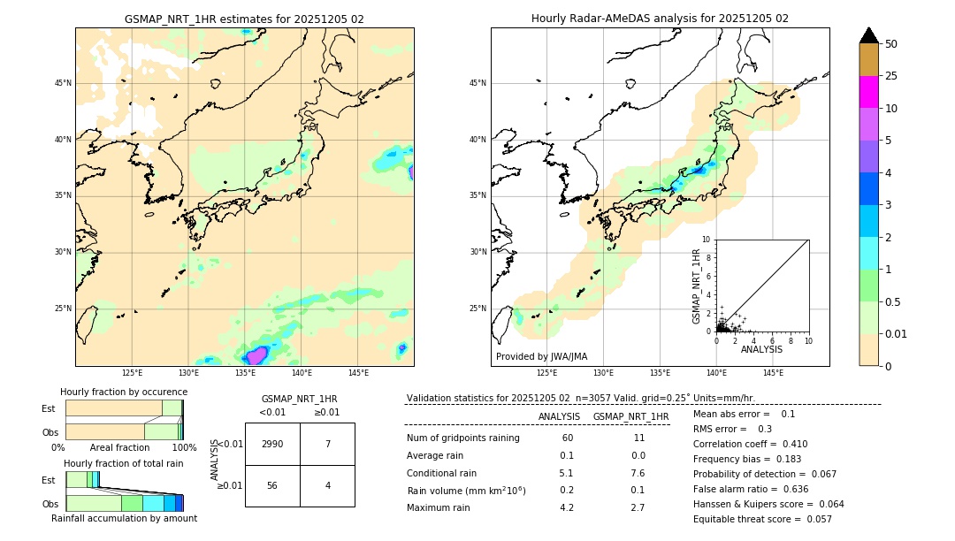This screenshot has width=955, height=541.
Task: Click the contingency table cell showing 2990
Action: click(272, 444)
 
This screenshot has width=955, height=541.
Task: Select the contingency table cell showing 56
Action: click(272, 485)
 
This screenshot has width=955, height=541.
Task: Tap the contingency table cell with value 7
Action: click(327, 444)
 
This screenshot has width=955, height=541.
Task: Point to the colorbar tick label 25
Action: click(891, 76)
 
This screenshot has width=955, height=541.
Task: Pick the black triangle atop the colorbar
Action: click(869, 35)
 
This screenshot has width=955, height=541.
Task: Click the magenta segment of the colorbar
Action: click(869, 92)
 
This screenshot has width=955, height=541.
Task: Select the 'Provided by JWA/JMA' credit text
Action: click(541, 356)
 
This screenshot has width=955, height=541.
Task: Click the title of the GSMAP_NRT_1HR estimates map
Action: click(244, 19)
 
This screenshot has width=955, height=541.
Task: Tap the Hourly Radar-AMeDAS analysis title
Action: click(660, 19)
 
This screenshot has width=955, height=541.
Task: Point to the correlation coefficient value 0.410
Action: click(790, 444)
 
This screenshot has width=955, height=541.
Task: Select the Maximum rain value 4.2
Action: click(567, 507)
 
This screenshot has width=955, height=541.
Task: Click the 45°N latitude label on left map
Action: click(63, 83)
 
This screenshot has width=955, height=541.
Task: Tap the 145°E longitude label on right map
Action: click(774, 373)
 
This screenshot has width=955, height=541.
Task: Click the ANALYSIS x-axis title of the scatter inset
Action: click(762, 349)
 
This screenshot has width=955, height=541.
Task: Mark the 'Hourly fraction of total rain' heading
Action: click(124, 463)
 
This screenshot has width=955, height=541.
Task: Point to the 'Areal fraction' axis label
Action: click(119, 447)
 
